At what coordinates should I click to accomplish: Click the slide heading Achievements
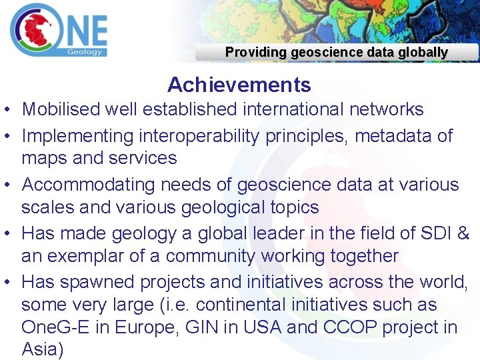point(239,85)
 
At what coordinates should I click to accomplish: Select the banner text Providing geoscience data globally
point(336,52)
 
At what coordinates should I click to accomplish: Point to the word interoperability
point(200,136)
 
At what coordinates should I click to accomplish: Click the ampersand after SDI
point(464,233)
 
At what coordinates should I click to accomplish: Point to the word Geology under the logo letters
point(85,51)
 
